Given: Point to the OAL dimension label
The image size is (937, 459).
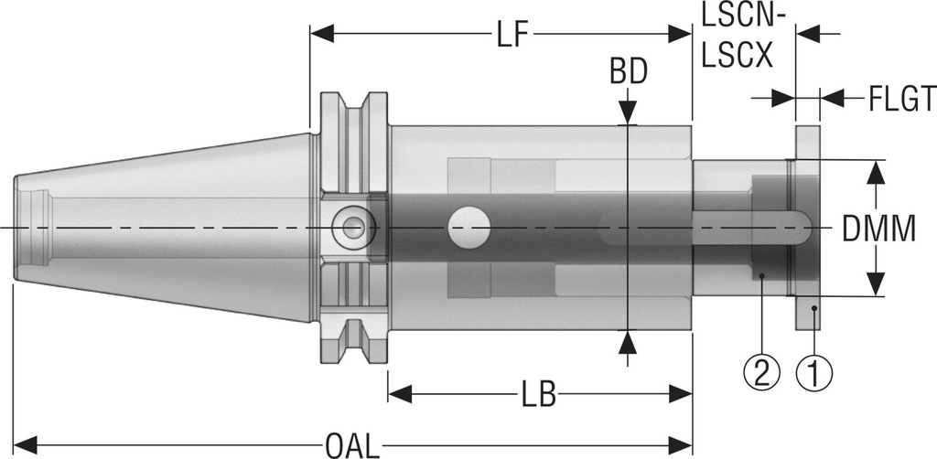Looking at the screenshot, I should point(352,445).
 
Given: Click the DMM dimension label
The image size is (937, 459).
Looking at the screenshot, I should point(878,228).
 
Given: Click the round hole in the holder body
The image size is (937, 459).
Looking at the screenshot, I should point(469,225).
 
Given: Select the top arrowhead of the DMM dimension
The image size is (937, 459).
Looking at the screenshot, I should point(877,169).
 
